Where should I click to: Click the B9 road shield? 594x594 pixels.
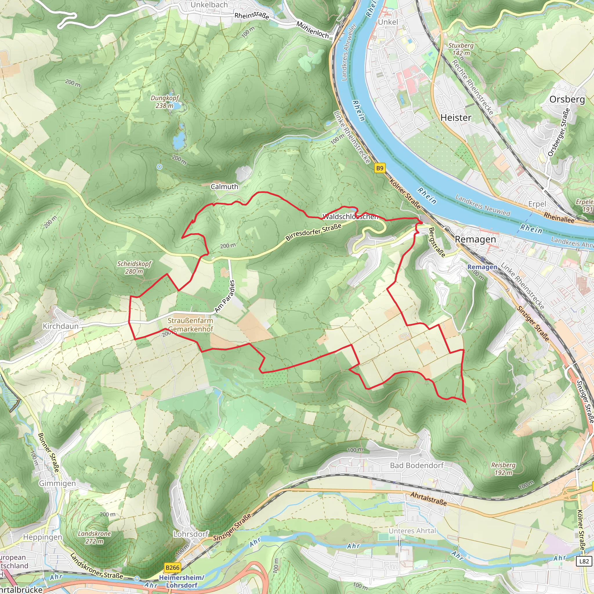[380, 168]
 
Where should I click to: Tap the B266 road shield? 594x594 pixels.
[172, 568]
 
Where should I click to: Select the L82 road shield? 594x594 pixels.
[584, 561]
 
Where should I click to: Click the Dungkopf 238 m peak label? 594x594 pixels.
[164, 102]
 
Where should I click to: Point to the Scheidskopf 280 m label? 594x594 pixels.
[134, 267]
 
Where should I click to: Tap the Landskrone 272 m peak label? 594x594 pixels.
[94, 537]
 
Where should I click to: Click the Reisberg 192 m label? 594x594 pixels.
[503, 469]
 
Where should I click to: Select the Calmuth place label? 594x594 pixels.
[224, 186]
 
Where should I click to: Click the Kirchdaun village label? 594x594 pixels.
[61, 326]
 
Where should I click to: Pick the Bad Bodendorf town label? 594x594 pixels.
[416, 466]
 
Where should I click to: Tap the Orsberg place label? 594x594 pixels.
[567, 99]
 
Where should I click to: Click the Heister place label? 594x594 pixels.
[456, 118]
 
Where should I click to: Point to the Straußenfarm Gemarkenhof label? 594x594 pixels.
[190, 325]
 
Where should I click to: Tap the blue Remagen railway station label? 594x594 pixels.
[482, 267]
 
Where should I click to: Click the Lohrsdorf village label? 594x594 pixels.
[191, 534]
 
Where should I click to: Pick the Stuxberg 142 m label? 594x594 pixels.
[461, 49]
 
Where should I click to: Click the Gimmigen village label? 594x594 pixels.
[57, 483]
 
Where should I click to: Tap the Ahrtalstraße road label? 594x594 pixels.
[428, 499]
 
